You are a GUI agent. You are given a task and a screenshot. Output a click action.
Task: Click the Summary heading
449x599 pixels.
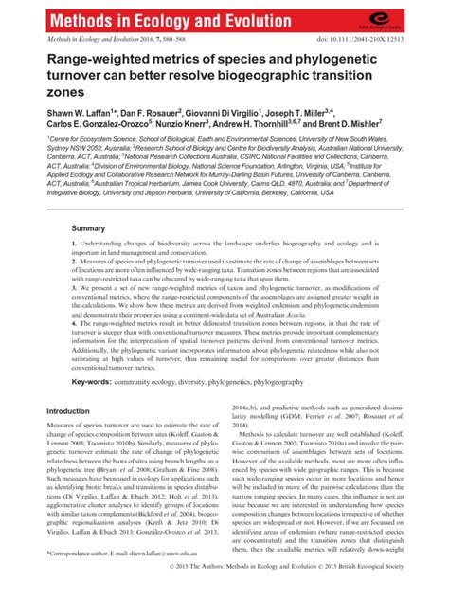(88, 228)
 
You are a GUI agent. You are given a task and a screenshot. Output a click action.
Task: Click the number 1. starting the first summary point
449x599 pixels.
(73, 245)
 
